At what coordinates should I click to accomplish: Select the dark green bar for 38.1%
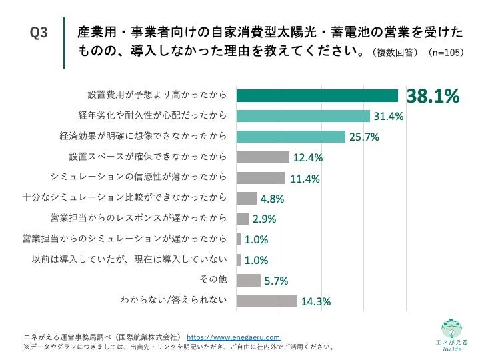(317, 96)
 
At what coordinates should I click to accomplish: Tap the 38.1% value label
(433, 97)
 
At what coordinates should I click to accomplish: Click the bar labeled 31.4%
(303, 117)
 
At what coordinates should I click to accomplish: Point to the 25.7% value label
(365, 137)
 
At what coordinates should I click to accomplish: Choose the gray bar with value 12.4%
(263, 157)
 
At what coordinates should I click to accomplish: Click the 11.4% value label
(306, 178)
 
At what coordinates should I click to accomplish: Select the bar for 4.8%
(247, 198)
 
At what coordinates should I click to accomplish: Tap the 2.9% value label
(264, 219)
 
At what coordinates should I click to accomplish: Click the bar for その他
(249, 280)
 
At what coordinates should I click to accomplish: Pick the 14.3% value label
(316, 301)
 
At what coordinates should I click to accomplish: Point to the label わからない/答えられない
(173, 301)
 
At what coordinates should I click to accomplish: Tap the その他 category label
(213, 280)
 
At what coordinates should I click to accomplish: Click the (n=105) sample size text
(445, 52)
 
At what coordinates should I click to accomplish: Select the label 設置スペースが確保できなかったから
(147, 157)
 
